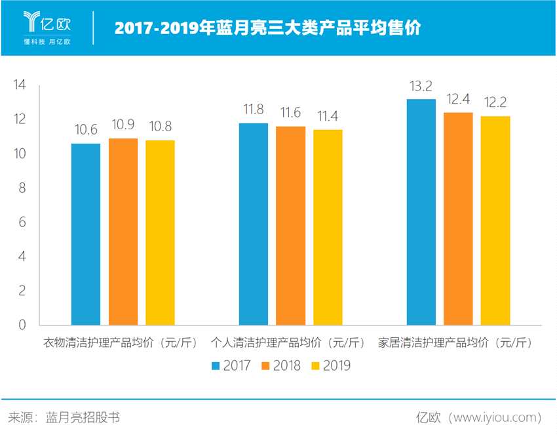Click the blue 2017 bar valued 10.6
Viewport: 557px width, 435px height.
point(86,234)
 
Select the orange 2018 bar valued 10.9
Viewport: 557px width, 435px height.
point(123,231)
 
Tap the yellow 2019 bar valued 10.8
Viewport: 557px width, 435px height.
point(160,232)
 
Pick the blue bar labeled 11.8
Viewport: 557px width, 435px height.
point(254,224)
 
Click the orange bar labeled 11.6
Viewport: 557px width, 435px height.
point(290,225)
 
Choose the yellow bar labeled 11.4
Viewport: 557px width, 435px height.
point(328,227)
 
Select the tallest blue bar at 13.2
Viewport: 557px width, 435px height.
point(421,211)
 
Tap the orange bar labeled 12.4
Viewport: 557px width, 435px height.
point(458,218)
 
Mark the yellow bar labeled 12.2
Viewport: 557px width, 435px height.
point(495,220)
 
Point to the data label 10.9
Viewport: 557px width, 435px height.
point(123,125)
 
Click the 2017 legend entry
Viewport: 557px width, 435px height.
point(231,365)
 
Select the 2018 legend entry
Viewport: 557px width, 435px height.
point(280,365)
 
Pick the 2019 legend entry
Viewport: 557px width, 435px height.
point(331,365)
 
